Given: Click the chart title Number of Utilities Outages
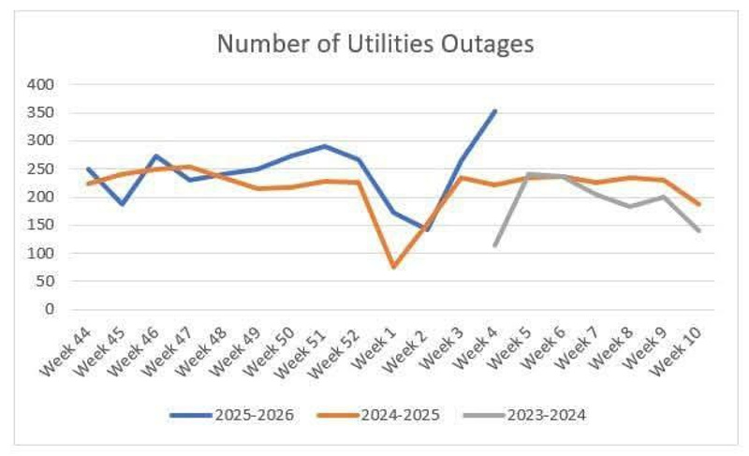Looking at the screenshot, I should tap(374, 44).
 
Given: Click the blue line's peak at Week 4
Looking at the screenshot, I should tap(495, 110).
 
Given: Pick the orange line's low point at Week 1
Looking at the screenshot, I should tap(393, 267).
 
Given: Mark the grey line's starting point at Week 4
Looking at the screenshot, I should tap(495, 245).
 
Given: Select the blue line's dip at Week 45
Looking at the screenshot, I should tap(122, 203).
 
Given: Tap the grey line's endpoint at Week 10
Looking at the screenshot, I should tap(698, 230).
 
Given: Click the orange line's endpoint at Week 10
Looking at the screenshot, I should tap(698, 204).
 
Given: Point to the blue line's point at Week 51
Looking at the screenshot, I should tap(325, 146).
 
